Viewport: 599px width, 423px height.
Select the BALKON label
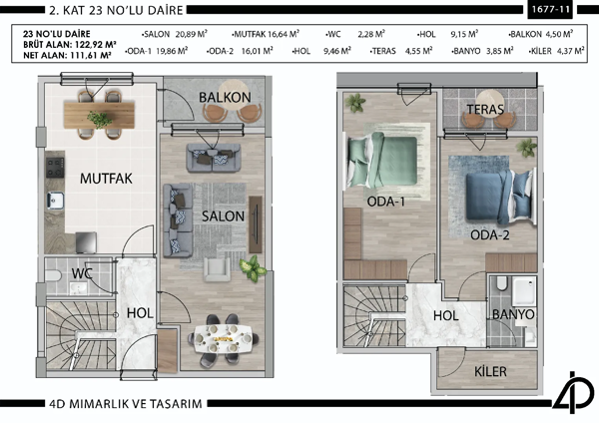click(x=224, y=98)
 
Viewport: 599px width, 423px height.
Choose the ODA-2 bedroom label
click(x=490, y=235)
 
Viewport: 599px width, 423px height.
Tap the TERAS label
click(x=483, y=109)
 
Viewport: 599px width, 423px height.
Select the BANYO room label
click(x=513, y=313)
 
